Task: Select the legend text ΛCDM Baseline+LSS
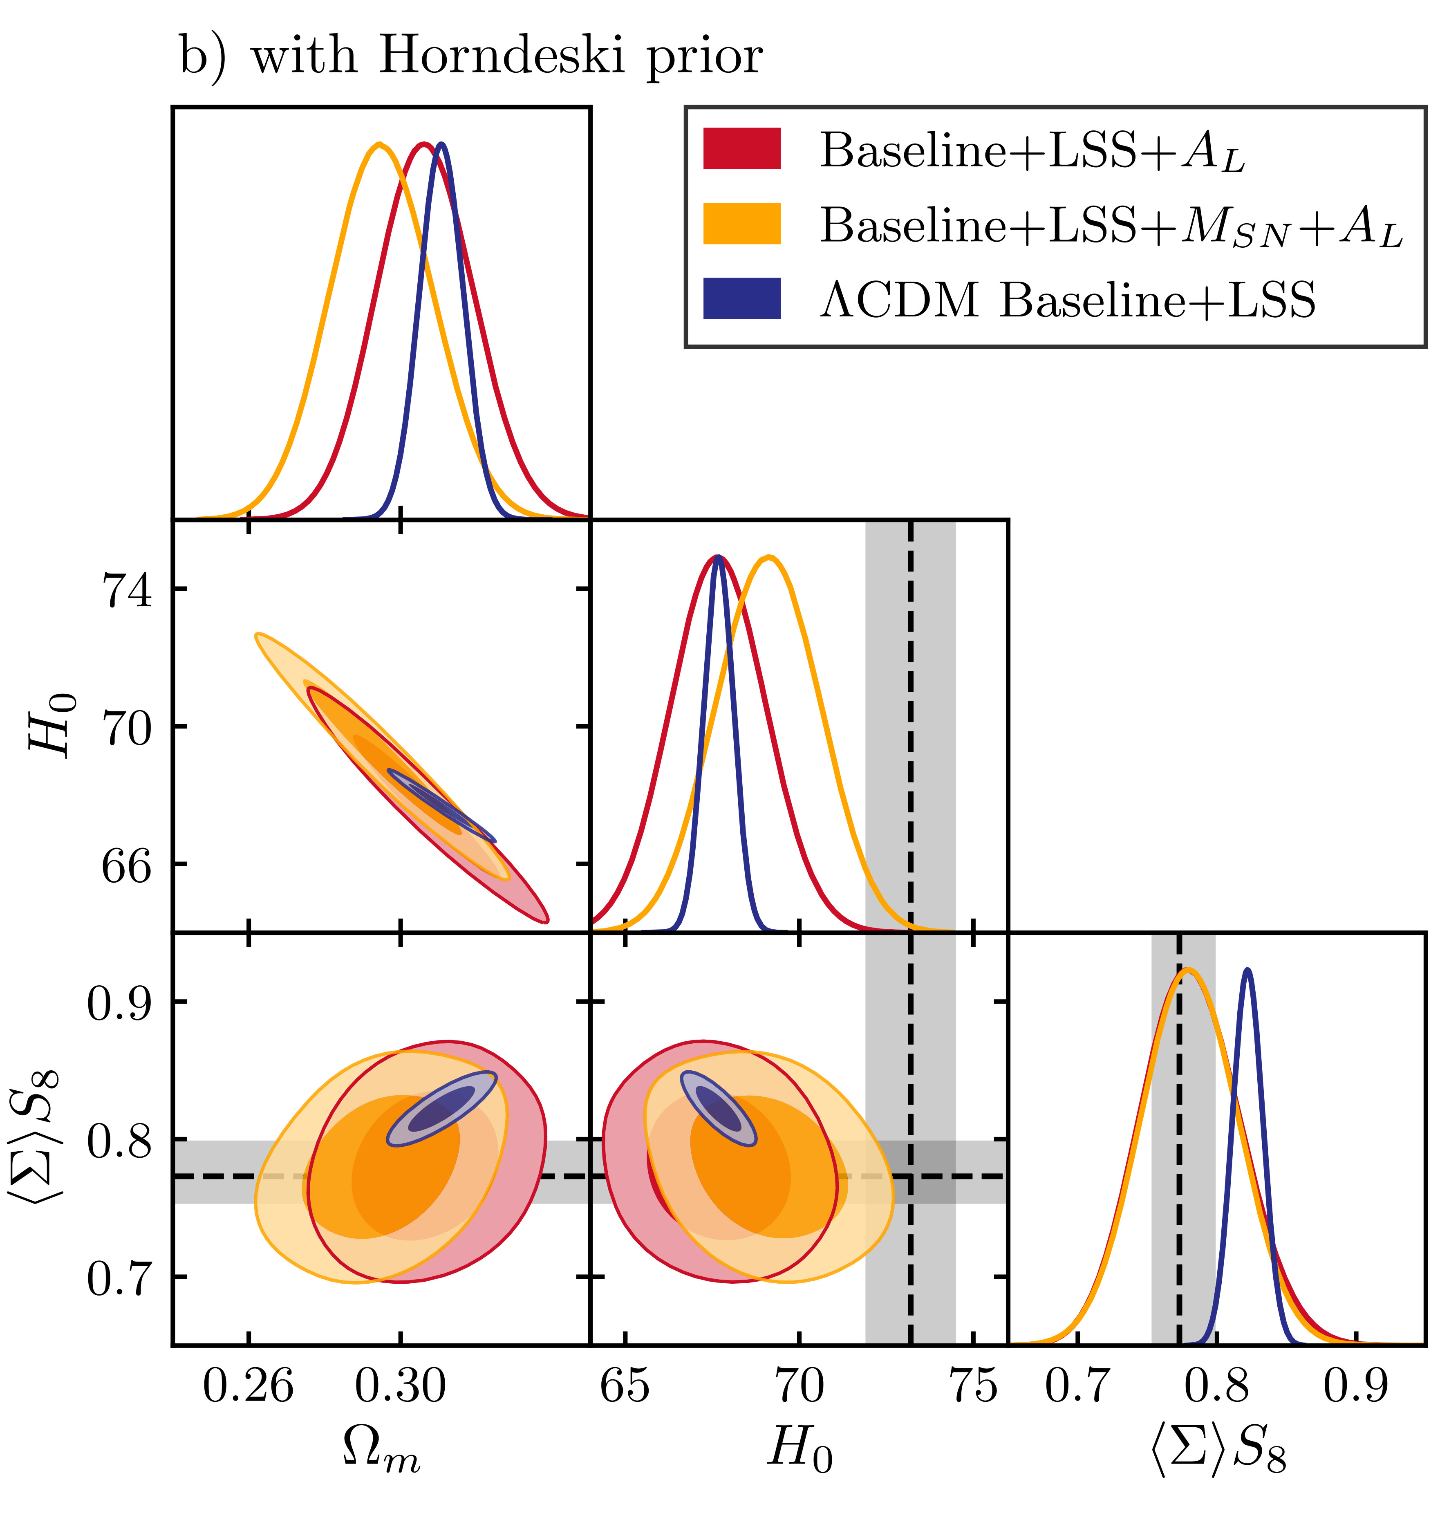coord(1067,300)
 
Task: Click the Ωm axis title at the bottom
coord(381,1450)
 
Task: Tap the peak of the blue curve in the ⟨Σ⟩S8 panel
coord(1247,971)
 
